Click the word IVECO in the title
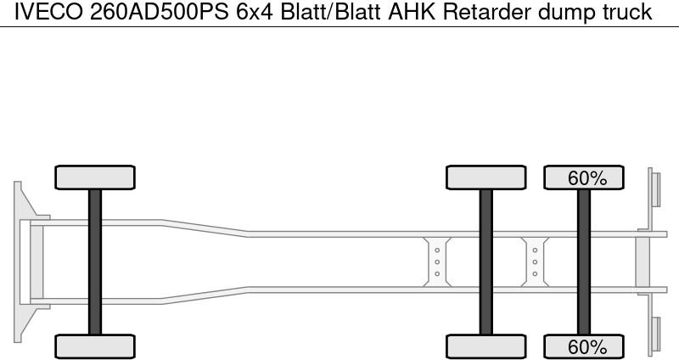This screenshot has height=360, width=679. coord(48,12)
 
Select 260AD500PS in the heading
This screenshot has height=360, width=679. coord(159,12)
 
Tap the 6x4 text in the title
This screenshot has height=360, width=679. coord(255,12)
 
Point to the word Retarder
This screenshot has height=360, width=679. coord(486,12)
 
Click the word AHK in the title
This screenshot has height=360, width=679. coord(412,12)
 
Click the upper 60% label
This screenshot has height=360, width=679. coord(587,178)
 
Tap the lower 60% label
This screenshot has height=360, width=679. coord(587,347)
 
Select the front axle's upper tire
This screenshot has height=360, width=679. coord(95,177)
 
